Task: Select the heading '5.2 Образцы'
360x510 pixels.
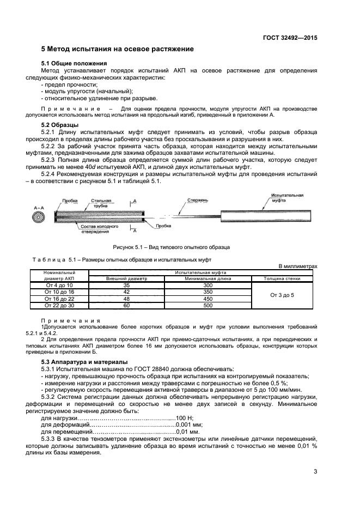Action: pyautogui.click(x=60, y=125)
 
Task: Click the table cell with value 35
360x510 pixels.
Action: pyautogui.click(x=126, y=285)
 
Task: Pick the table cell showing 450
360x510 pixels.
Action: pyautogui.click(x=207, y=299)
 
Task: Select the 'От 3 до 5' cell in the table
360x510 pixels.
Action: pyautogui.click(x=282, y=295)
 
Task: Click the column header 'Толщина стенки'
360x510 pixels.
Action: pyautogui.click(x=282, y=278)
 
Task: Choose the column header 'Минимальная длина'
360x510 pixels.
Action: pyautogui.click(x=207, y=278)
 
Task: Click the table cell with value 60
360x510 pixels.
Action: pyautogui.click(x=126, y=306)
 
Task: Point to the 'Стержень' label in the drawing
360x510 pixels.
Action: pyautogui.click(x=197, y=200)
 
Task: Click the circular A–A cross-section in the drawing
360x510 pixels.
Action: pyautogui.click(x=40, y=216)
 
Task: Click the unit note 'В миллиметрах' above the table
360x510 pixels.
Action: pyautogui.click(x=297, y=266)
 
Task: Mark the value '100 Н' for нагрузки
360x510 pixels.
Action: pyautogui.click(x=176, y=417)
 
